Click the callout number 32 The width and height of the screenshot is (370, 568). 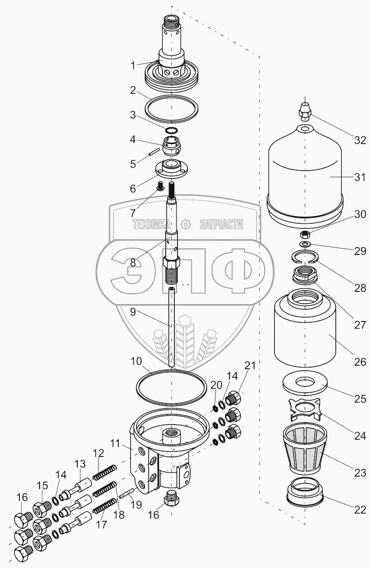pos(360,141)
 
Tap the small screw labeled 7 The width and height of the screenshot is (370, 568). pos(161,186)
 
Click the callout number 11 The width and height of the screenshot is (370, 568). pos(115,444)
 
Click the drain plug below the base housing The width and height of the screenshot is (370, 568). pos(172,499)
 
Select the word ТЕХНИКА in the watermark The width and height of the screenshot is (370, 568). pos(152,224)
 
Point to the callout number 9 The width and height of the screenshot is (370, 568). pos(133,312)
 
